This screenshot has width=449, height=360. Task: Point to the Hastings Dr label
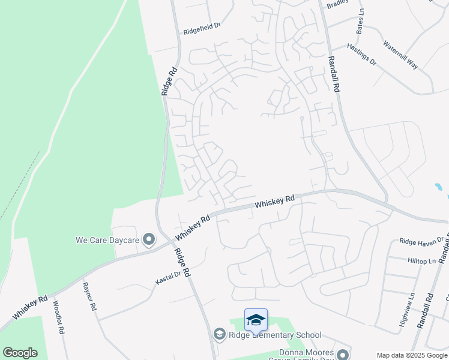[x=361, y=54]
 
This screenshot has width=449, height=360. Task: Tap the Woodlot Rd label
[x=58, y=313]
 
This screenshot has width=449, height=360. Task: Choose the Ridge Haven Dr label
[x=421, y=241]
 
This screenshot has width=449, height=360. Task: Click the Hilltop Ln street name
[x=422, y=261]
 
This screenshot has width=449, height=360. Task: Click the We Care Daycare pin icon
[x=149, y=241]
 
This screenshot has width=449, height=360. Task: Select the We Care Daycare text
[x=107, y=241]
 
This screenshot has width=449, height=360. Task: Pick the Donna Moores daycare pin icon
[x=343, y=354]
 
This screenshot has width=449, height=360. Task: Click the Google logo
[x=20, y=353]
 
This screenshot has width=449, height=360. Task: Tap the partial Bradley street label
[x=337, y=5]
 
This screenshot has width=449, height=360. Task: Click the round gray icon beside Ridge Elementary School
[x=220, y=334]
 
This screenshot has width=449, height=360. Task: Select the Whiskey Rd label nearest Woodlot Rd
[x=30, y=307]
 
